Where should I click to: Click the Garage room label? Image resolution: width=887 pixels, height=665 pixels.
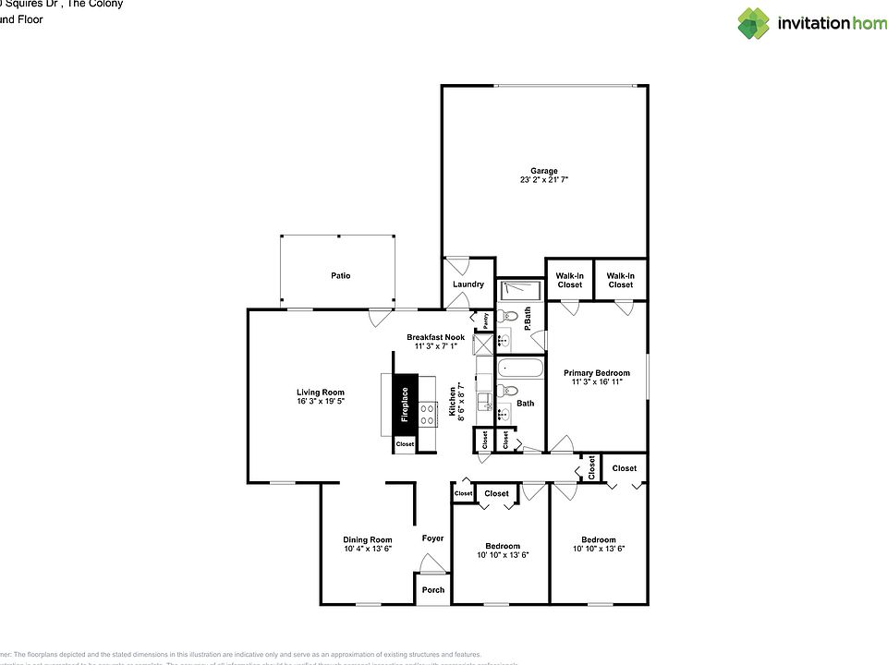pyautogui.click(x=543, y=171)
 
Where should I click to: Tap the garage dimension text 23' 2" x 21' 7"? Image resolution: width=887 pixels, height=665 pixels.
pyautogui.click(x=543, y=180)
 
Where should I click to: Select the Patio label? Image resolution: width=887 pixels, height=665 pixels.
pyautogui.click(x=341, y=275)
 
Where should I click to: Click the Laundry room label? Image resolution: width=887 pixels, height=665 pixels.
pyautogui.click(x=468, y=284)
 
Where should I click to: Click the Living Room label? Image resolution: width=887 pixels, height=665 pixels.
pyautogui.click(x=321, y=393)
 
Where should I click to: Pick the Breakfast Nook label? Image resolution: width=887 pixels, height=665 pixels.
pyautogui.click(x=436, y=337)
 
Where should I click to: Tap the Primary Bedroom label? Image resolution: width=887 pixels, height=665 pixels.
pyautogui.click(x=597, y=373)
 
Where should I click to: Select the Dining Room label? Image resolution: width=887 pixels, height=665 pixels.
pyautogui.click(x=368, y=539)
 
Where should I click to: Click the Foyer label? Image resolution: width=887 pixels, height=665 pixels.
pyautogui.click(x=432, y=538)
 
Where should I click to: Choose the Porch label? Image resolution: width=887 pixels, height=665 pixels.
pyautogui.click(x=432, y=589)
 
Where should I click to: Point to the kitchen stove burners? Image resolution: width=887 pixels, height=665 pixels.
pyautogui.click(x=428, y=415)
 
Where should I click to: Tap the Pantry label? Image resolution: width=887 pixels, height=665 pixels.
pyautogui.click(x=485, y=320)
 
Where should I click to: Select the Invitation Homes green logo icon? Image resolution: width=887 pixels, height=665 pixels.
pyautogui.click(x=753, y=23)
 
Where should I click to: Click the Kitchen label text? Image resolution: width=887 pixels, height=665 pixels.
pyautogui.click(x=453, y=402)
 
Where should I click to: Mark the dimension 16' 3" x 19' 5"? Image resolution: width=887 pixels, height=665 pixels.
pyautogui.click(x=321, y=402)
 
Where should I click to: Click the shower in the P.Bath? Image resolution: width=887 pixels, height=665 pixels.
pyautogui.click(x=520, y=290)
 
